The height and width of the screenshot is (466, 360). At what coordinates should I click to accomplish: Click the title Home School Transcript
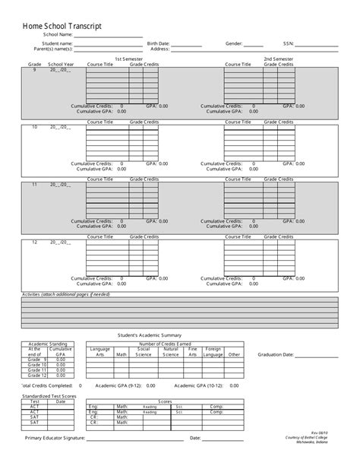[62, 26]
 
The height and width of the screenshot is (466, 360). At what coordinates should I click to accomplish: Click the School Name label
[58, 35]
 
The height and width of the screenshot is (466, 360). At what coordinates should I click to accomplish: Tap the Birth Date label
[158, 44]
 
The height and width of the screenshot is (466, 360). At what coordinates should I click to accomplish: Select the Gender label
[234, 44]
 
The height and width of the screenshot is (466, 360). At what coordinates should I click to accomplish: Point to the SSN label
[288, 44]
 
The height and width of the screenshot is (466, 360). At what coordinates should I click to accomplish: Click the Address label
[159, 49]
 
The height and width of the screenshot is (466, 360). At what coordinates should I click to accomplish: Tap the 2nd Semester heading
[278, 59]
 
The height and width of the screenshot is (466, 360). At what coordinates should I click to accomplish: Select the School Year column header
[61, 65]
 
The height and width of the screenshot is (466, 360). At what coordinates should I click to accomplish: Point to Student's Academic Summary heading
[150, 334]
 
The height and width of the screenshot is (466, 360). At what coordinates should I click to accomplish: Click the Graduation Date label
[276, 354]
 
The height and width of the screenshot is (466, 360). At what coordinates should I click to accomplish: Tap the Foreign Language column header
[213, 351]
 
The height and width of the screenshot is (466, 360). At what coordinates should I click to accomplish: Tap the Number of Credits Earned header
[164, 344]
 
